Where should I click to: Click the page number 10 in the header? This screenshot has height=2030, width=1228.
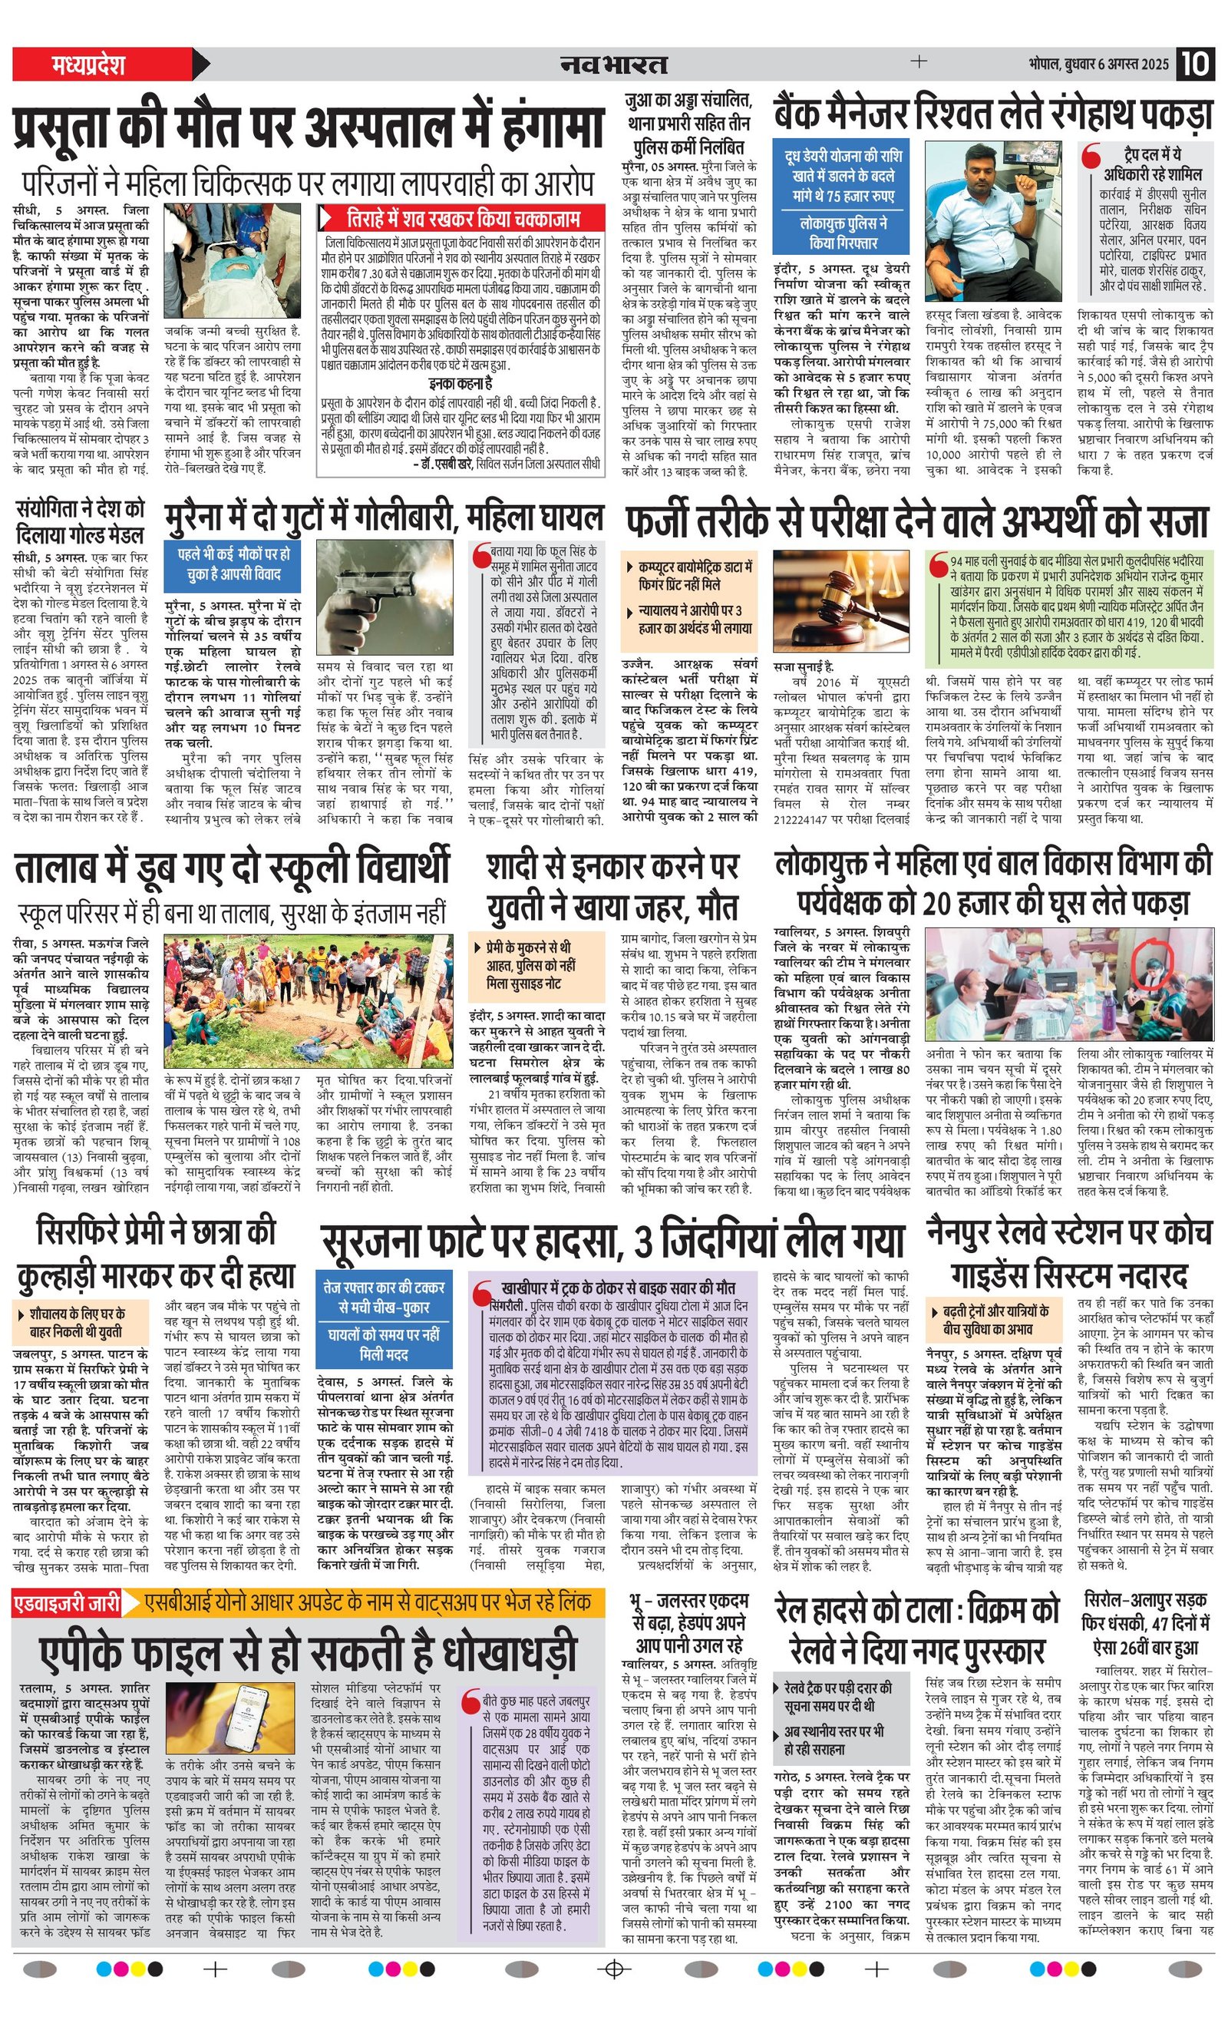click(1195, 64)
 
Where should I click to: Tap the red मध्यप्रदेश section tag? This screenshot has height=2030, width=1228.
click(88, 64)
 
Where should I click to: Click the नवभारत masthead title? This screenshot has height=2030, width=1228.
click(613, 64)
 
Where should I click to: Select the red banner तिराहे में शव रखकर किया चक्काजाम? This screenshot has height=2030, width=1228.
click(462, 218)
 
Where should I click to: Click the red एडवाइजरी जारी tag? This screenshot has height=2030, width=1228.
click(67, 1602)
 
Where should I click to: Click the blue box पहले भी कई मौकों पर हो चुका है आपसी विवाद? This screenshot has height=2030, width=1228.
click(233, 564)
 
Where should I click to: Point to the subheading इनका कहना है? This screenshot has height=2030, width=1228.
click(460, 383)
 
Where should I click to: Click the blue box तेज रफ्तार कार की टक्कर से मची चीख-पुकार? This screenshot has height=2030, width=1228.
click(384, 1297)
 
